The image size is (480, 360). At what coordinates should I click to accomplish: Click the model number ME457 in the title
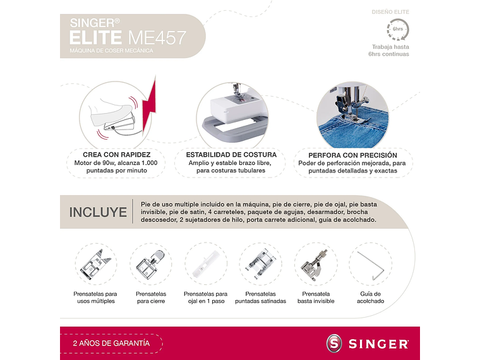tap(158, 37)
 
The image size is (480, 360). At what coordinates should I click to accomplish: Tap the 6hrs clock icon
tap(398, 29)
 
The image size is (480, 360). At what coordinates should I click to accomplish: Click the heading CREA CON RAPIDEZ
tap(116, 155)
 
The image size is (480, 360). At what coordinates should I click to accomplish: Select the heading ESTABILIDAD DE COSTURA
tap(231, 155)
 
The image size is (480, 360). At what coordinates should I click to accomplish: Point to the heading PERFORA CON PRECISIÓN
tap(352, 155)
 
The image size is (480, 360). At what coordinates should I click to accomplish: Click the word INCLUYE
tap(98, 212)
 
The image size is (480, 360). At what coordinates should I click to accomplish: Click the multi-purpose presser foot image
tap(95, 265)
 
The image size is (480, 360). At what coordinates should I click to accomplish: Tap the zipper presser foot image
tap(151, 265)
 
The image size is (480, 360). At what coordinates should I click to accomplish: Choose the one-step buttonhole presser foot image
tap(205, 265)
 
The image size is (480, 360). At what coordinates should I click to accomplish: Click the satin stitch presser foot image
tap(260, 265)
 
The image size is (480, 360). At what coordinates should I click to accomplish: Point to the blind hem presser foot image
tap(315, 265)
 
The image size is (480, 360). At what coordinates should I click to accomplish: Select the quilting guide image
tap(370, 265)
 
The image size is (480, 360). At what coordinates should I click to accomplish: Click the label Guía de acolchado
tap(371, 297)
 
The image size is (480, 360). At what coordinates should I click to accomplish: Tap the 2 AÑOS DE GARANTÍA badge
tap(111, 343)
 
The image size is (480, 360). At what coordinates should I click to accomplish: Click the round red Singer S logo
tap(334, 344)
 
